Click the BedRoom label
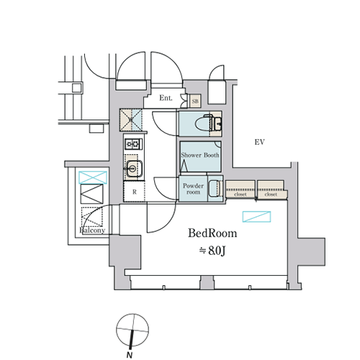click(212, 233)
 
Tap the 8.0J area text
click(212, 251)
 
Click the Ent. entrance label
click(166, 98)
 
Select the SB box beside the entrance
click(195, 102)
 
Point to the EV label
click(259, 142)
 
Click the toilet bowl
click(204, 124)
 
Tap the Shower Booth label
click(200, 155)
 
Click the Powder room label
click(193, 189)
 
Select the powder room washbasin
click(215, 188)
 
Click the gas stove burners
click(133, 144)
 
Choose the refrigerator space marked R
click(135, 192)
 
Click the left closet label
click(240, 194)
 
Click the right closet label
click(271, 194)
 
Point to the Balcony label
click(92, 230)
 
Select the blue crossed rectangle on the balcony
click(93, 178)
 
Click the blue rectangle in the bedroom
click(256, 217)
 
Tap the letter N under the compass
click(130, 355)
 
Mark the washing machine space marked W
click(131, 120)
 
